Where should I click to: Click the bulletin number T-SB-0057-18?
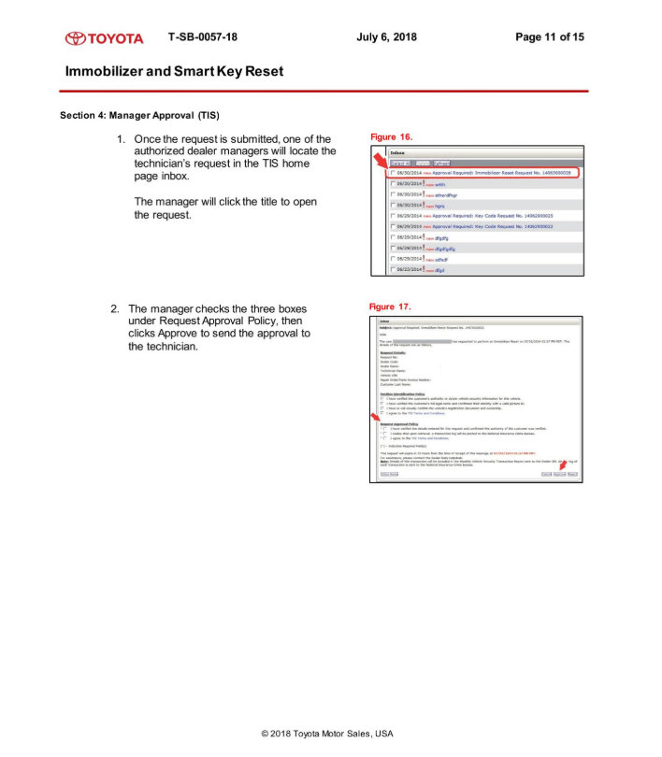point(203,37)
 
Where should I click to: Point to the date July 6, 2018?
point(387,37)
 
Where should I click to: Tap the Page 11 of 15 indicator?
point(550,37)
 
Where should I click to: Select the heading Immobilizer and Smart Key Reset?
point(174,71)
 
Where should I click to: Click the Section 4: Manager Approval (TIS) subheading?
point(139,115)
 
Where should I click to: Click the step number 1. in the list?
point(122,139)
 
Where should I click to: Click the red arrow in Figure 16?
point(380,163)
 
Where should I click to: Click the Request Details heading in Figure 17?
point(392,352)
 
